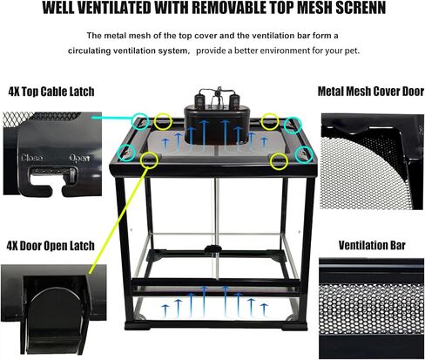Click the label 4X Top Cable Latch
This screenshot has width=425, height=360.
pos(51,92)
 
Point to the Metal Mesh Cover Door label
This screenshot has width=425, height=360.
pos(370,92)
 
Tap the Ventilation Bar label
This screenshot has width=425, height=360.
pos(370,246)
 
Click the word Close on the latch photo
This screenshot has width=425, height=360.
pos(30,158)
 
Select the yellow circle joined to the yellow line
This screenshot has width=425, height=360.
pos(149,160)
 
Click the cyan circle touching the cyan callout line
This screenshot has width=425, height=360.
pos(140,122)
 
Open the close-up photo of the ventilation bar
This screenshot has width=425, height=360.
pos(370,304)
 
